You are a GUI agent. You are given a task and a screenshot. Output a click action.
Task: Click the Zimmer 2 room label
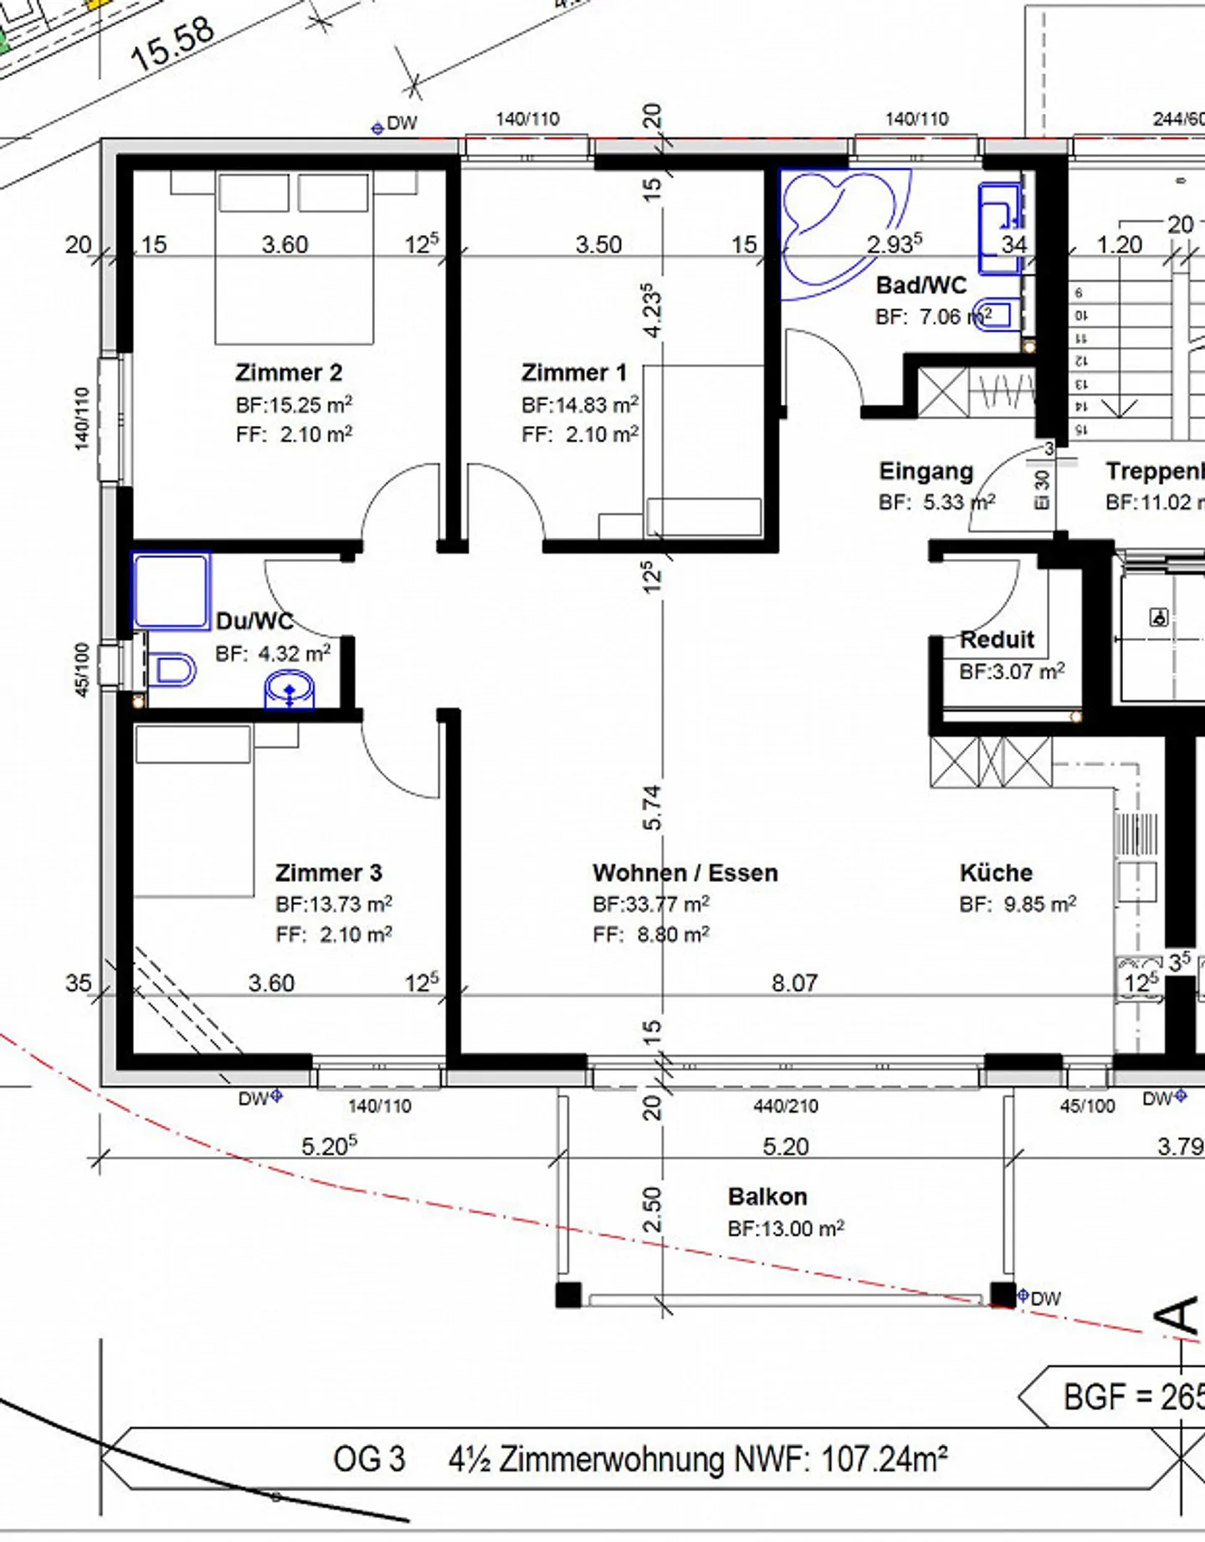click(x=289, y=372)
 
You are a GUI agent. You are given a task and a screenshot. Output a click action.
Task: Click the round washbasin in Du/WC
click(x=290, y=691)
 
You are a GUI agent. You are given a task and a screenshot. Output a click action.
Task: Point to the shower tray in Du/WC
click(x=171, y=590)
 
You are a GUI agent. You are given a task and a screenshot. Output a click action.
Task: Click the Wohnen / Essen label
click(x=685, y=873)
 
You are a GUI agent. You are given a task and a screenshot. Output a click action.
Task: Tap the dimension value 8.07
click(x=794, y=982)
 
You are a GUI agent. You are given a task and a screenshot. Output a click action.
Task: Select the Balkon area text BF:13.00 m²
click(x=785, y=1228)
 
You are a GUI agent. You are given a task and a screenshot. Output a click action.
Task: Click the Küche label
click(x=996, y=873)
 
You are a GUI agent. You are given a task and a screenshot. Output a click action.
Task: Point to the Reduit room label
click(x=997, y=639)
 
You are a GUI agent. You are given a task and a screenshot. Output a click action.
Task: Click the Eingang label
click(x=926, y=471)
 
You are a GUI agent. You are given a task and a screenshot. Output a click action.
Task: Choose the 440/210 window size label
click(x=785, y=1106)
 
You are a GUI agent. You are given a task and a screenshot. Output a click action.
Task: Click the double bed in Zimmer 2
click(x=293, y=259)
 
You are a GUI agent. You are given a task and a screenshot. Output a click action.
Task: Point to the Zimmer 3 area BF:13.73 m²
click(x=333, y=904)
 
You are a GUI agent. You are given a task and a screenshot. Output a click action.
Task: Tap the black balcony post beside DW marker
click(x=1002, y=1294)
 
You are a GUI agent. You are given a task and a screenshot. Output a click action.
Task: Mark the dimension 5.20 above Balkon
click(x=785, y=1145)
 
